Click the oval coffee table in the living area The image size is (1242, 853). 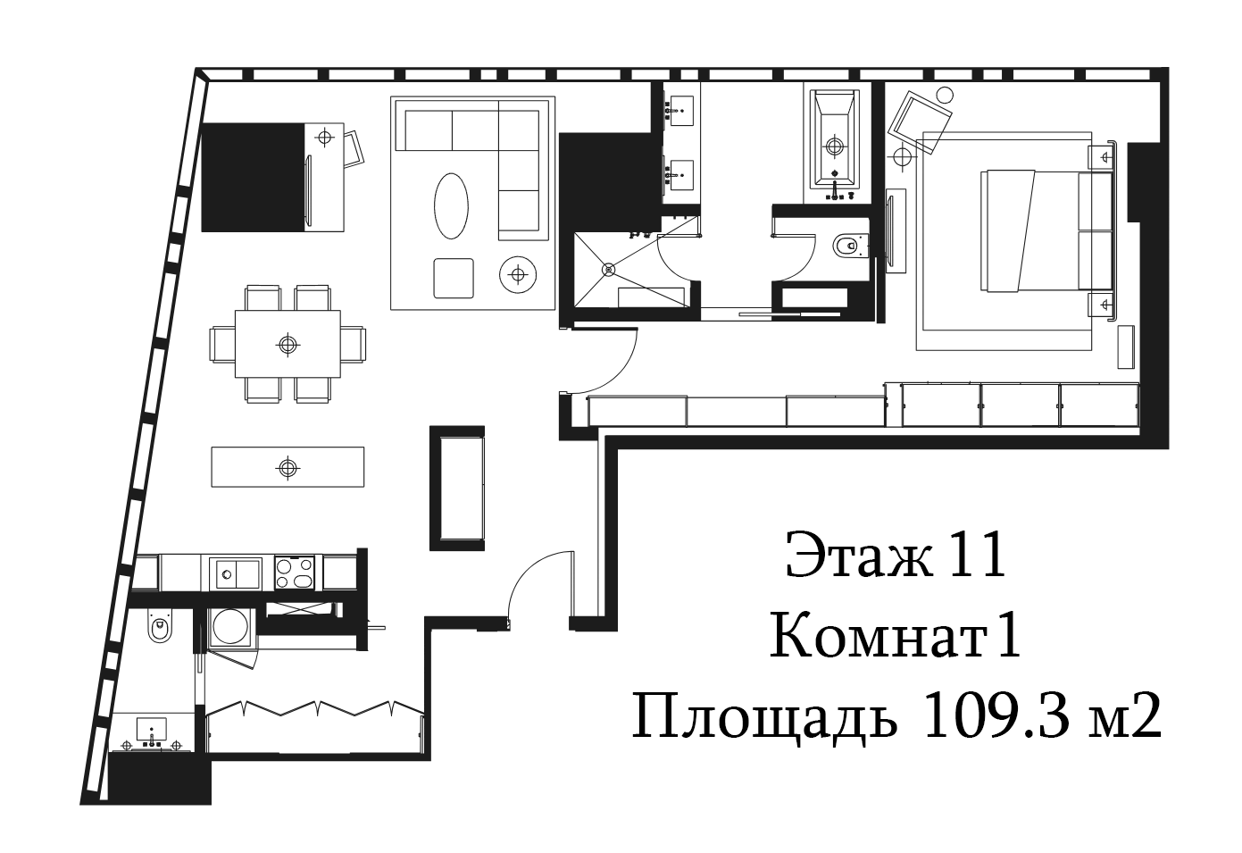451,205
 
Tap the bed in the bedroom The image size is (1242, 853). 1046,230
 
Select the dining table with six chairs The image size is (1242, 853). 288,344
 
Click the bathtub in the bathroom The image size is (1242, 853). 835,146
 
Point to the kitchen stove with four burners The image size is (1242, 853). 295,573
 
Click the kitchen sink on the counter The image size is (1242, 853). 235,573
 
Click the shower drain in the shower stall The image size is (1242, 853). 609,270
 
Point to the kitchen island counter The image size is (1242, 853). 288,467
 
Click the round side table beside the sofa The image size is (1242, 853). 518,273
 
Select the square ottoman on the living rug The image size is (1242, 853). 454,278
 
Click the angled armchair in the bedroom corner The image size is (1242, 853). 920,122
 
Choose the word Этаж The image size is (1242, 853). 858,556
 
